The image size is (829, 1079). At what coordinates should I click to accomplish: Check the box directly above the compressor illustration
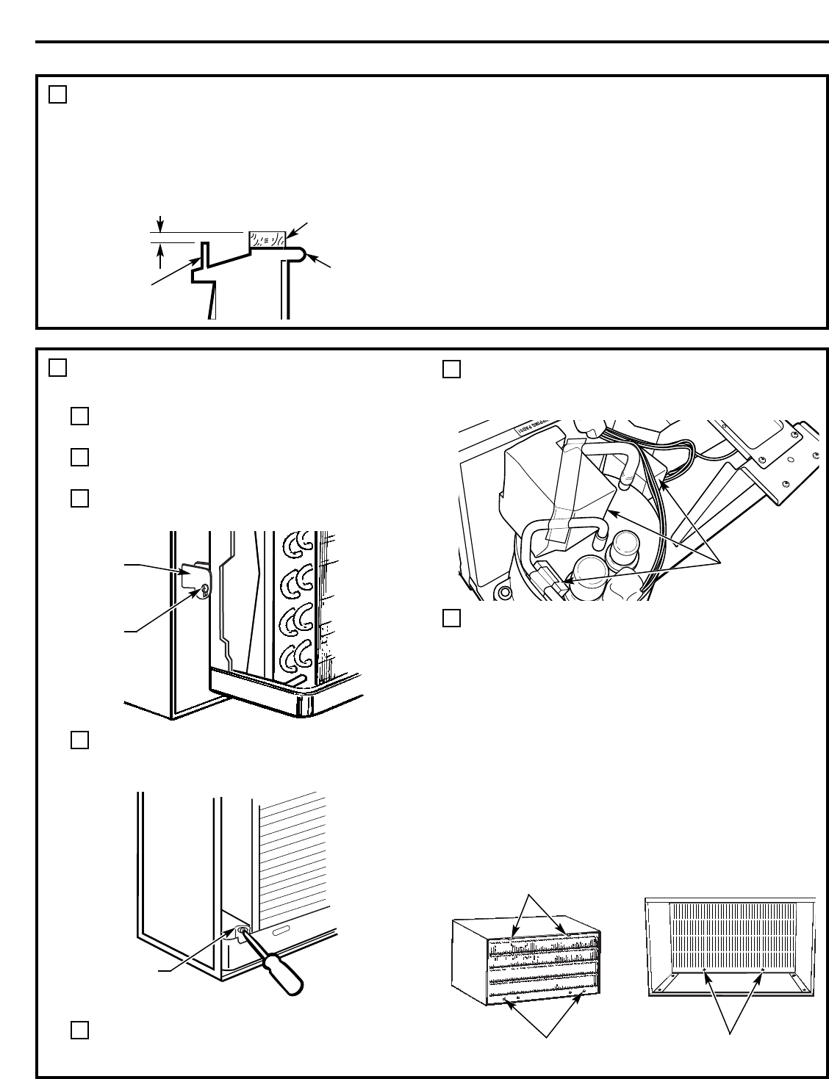pos(452,369)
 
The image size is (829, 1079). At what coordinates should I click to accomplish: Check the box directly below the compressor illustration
pos(452,618)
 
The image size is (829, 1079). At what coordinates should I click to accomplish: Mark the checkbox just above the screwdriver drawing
pos(80,740)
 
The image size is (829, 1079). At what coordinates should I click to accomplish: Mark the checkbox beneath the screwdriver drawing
pos(80,1030)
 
